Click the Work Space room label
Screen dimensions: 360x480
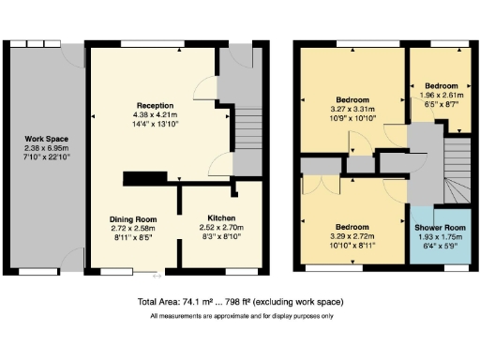42,139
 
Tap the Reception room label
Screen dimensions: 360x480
156,105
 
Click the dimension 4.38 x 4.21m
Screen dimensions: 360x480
156,114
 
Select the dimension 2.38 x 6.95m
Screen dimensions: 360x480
42,148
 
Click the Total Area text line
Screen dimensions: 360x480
239,302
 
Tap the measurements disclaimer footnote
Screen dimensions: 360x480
239,316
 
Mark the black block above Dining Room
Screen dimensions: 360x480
142,179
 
